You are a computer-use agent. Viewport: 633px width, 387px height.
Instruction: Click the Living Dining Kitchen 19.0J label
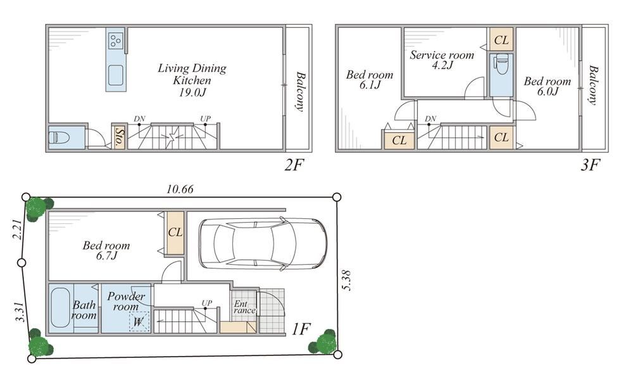click(x=192, y=80)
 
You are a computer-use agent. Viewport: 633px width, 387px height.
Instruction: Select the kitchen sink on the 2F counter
click(x=116, y=75)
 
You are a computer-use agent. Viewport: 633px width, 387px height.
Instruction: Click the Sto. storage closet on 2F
click(x=119, y=137)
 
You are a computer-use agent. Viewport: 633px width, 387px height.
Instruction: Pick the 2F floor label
click(x=294, y=164)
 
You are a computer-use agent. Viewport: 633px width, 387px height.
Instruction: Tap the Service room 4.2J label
click(x=442, y=59)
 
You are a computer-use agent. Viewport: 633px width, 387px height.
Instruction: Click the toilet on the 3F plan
click(x=501, y=64)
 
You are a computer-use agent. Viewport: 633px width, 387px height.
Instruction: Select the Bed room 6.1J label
click(x=370, y=80)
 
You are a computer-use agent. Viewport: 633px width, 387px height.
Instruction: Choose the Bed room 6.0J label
click(x=548, y=86)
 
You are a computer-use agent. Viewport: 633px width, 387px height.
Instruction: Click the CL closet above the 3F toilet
click(x=501, y=39)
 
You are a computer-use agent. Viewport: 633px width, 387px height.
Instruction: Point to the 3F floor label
click(x=590, y=164)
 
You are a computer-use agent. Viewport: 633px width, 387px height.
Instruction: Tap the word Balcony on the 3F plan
click(x=592, y=85)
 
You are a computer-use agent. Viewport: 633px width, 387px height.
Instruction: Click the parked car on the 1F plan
click(x=263, y=243)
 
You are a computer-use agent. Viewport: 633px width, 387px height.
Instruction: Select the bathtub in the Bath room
click(x=61, y=307)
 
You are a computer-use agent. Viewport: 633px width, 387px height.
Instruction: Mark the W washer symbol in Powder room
click(x=139, y=322)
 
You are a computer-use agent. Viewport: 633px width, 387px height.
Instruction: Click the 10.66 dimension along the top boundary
click(x=180, y=188)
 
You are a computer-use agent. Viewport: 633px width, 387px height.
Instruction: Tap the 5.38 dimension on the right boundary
click(x=346, y=280)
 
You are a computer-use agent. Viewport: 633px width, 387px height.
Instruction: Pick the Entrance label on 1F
click(x=244, y=307)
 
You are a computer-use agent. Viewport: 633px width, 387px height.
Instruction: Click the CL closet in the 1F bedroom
click(x=175, y=233)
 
